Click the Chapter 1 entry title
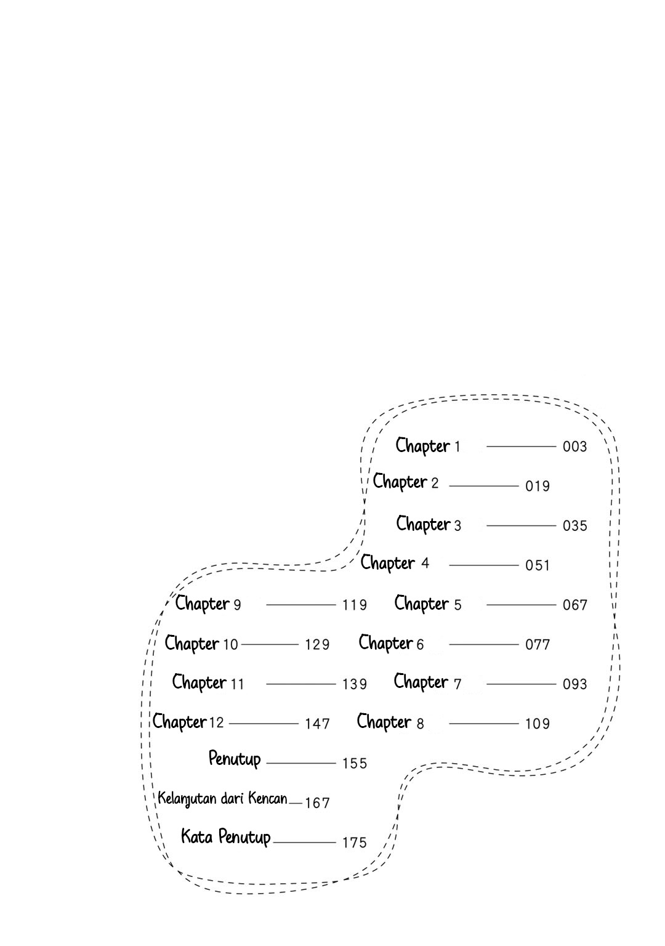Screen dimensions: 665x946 [427, 446]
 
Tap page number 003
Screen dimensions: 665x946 [574, 447]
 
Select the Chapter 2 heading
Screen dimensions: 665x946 [405, 482]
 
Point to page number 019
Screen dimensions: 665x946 [537, 486]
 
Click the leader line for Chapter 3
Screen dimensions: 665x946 [521, 526]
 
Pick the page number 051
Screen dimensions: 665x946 [537, 565]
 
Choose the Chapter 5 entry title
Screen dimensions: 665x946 [428, 604]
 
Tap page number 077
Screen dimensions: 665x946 [537, 645]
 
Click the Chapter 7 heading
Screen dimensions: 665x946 [427, 683]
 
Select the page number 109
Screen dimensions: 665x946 [537, 724]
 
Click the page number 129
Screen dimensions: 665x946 [317, 645]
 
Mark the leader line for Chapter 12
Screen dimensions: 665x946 [264, 724]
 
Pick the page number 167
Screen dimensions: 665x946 [317, 803]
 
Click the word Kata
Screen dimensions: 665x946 [197, 836]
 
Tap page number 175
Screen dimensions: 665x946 [354, 843]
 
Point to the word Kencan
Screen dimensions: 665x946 [268, 798]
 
